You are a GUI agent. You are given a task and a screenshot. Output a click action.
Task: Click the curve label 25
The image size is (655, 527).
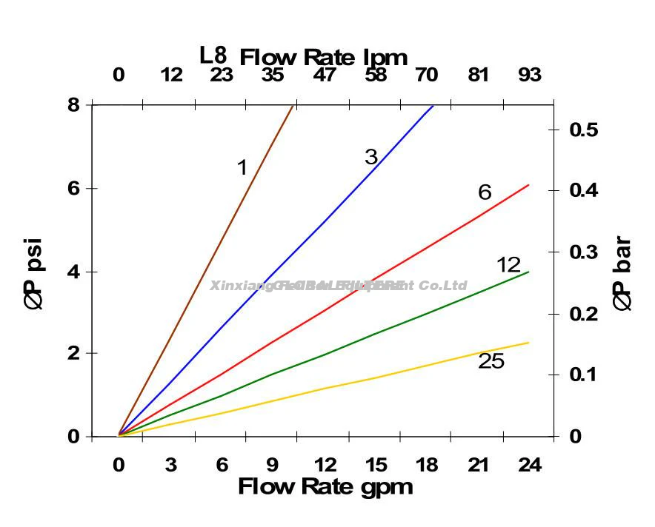tap(491, 361)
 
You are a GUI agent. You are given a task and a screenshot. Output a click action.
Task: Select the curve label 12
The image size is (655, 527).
tap(508, 265)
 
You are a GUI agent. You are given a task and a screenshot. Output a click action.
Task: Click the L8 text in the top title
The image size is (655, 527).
tap(213, 56)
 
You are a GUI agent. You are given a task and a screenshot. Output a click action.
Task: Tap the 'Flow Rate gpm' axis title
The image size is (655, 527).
tap(325, 487)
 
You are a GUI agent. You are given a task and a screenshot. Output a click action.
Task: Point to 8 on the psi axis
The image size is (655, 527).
tap(73, 104)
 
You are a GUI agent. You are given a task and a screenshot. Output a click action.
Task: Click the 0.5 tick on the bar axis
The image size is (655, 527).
tap(583, 130)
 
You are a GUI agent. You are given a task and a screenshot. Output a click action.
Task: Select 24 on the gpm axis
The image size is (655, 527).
tap(530, 466)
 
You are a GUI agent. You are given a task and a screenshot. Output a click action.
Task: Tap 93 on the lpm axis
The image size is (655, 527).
tap(530, 75)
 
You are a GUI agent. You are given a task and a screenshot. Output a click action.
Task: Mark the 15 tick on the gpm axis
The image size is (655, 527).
tap(376, 466)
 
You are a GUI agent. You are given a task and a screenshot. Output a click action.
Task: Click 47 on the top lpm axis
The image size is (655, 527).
tap(324, 75)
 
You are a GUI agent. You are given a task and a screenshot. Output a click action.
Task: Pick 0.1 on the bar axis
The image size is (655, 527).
tap(583, 375)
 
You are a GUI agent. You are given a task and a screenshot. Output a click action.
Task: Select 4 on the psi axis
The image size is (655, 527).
tap(73, 272)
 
